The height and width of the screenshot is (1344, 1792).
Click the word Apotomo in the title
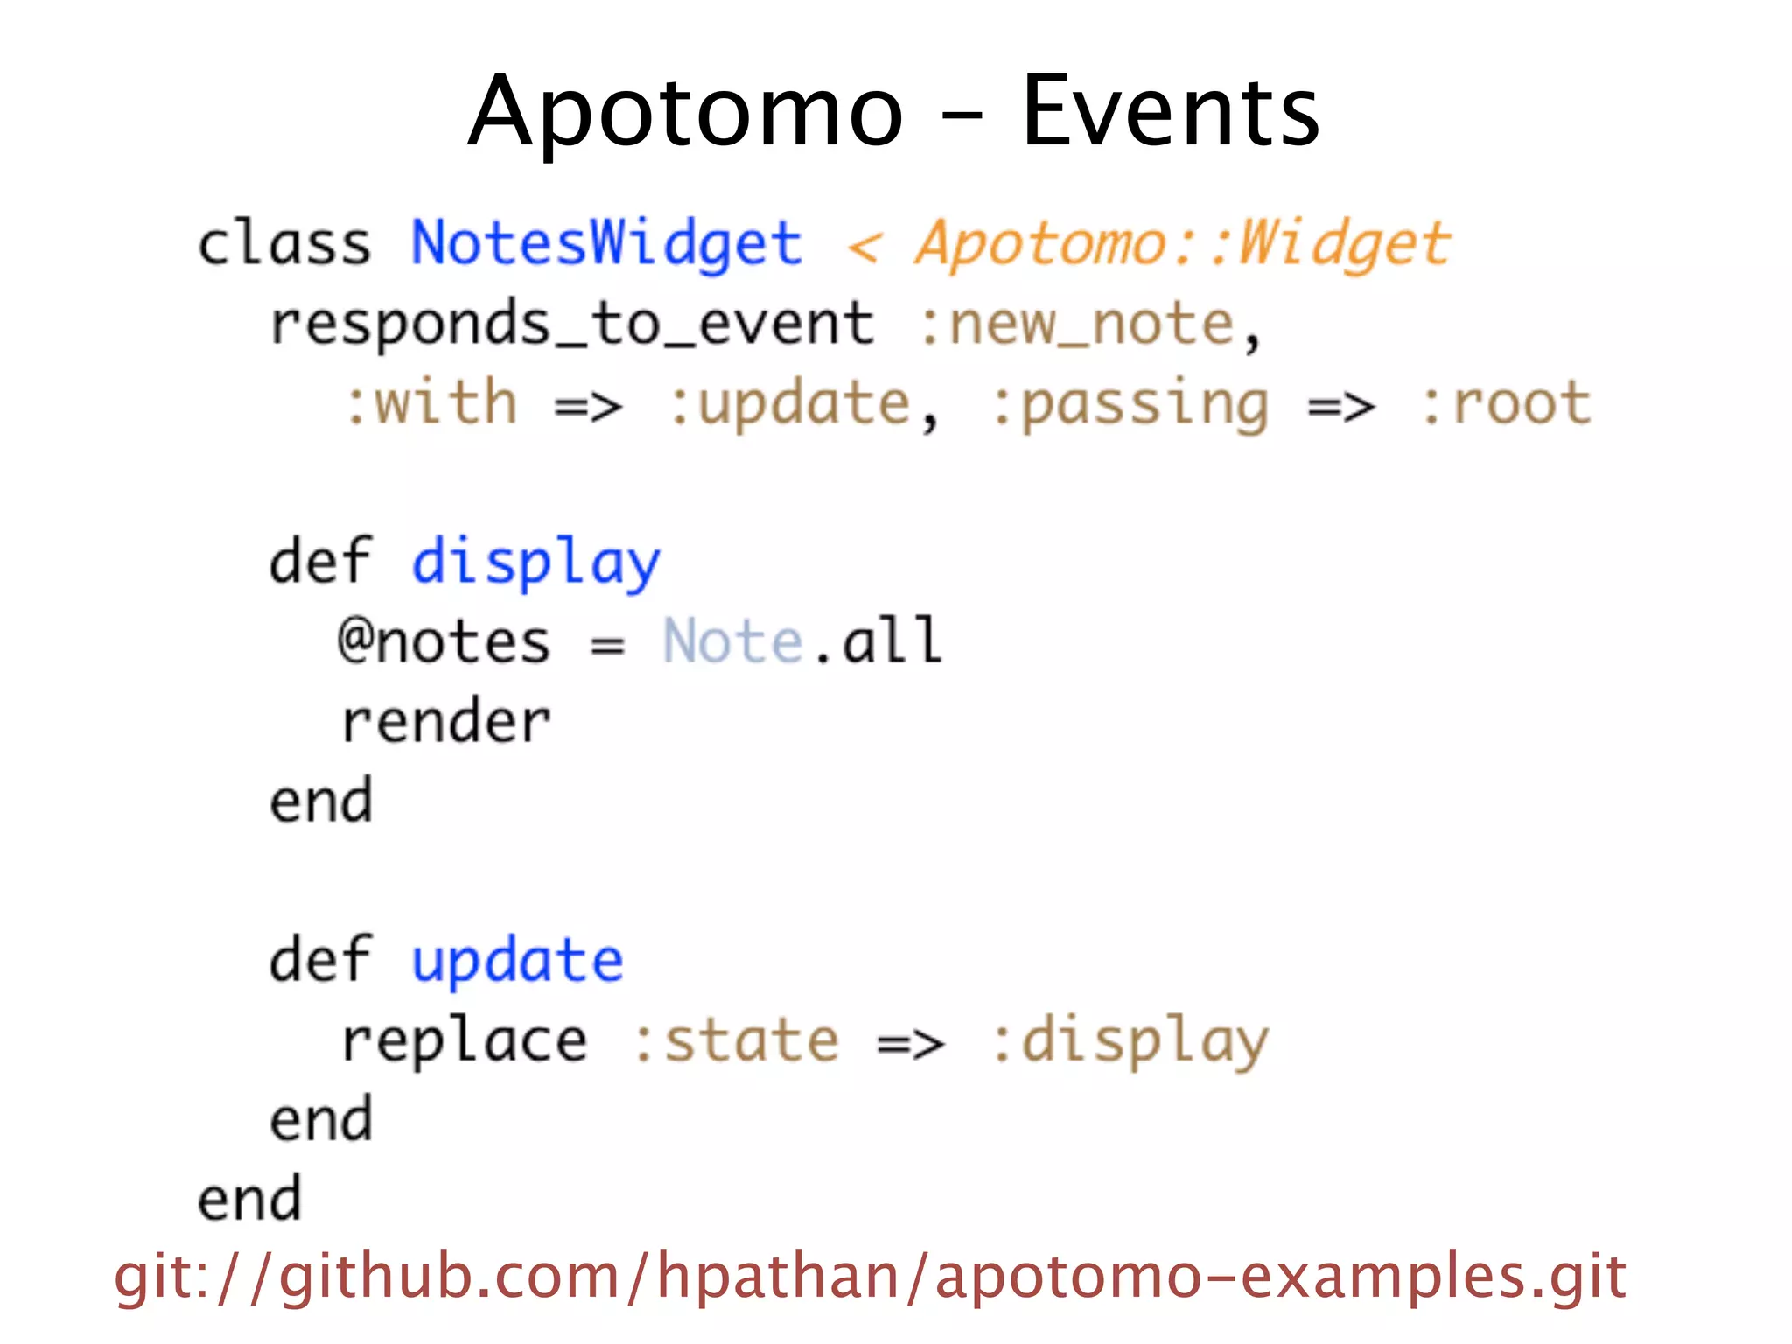point(685,112)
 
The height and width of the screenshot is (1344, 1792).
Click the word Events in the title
point(1170,112)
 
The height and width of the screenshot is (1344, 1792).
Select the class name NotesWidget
point(606,243)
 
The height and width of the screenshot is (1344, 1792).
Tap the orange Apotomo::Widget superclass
point(1182,243)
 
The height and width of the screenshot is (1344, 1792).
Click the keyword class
point(284,243)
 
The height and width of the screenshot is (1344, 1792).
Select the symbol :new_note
point(1076,324)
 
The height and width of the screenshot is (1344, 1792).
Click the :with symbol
point(431,403)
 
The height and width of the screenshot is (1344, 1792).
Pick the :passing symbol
point(1130,405)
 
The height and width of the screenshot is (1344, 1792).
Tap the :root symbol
point(1505,403)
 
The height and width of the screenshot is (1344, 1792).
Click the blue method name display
point(535,563)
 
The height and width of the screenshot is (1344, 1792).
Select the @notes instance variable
point(444,641)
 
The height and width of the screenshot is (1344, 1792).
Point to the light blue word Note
point(732,641)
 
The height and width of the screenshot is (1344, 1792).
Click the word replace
point(464,1041)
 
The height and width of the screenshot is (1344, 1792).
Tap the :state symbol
point(735,1041)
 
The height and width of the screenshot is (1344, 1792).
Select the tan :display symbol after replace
point(1130,1041)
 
